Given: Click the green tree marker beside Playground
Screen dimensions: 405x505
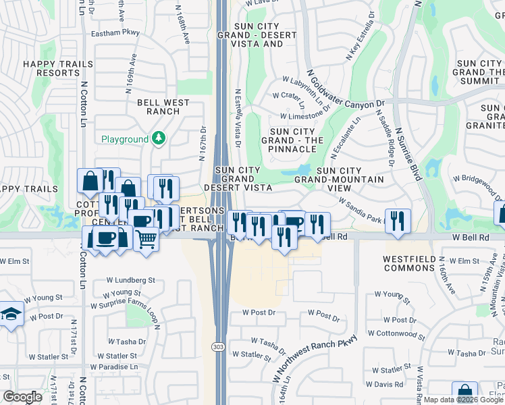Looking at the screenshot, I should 159,139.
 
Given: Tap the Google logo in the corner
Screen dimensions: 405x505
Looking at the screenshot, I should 22,397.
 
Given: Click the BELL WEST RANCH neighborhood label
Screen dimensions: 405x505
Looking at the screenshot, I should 163,107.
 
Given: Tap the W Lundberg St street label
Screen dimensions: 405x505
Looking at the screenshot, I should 130,279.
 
